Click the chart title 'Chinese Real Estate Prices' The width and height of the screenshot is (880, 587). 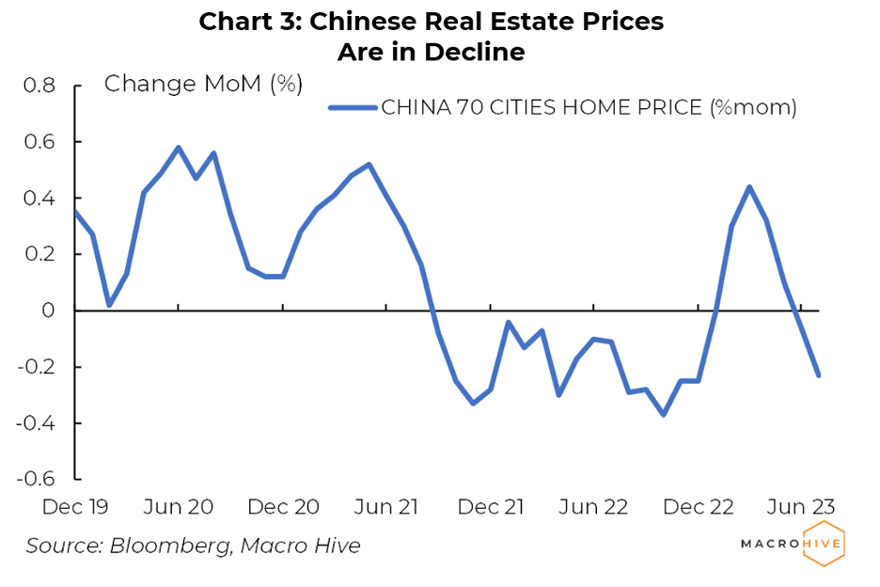click(x=431, y=22)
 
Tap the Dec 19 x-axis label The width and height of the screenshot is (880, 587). click(x=76, y=506)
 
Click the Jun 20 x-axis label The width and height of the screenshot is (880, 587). click(x=179, y=506)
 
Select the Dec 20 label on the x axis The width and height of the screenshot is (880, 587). click(x=283, y=506)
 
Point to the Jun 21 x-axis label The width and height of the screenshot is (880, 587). click(x=386, y=506)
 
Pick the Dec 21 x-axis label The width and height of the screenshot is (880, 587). click(x=491, y=506)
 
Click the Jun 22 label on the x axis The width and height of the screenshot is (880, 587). click(x=593, y=506)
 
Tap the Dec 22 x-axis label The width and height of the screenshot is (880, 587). click(x=698, y=506)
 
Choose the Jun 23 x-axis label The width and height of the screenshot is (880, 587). click(x=800, y=506)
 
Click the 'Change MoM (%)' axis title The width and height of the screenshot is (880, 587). click(x=203, y=84)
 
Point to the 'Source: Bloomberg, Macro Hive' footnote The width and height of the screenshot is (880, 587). click(x=193, y=546)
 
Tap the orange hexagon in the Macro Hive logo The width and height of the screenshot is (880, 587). click(x=825, y=544)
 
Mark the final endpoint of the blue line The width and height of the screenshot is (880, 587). click(x=819, y=375)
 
